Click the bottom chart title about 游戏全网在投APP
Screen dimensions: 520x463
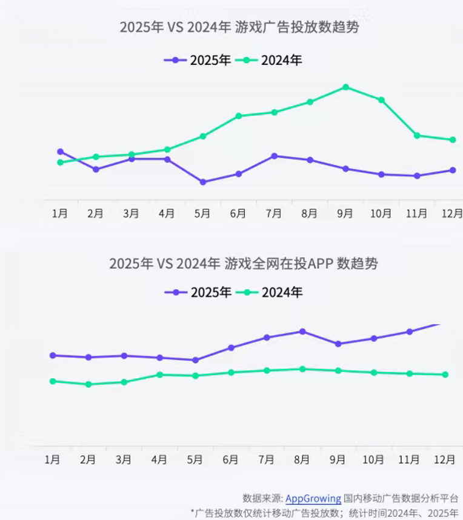(244, 264)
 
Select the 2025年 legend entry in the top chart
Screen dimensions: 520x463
(198, 60)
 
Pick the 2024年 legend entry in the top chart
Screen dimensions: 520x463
(268, 60)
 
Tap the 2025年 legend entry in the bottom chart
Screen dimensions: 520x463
(198, 292)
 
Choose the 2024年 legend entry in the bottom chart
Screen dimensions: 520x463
(269, 292)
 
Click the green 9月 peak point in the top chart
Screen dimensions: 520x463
(345, 87)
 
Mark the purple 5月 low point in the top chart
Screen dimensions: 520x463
(202, 182)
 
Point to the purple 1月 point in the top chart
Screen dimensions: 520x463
(60, 152)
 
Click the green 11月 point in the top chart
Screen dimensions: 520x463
(417, 135)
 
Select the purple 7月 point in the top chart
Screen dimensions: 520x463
(275, 156)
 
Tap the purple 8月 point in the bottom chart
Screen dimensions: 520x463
(302, 332)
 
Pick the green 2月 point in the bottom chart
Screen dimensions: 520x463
(88, 384)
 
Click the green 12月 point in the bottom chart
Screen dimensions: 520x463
(445, 375)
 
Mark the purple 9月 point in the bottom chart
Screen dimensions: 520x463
(338, 344)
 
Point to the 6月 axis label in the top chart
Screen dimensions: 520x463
(238, 213)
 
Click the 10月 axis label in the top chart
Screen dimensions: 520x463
(381, 213)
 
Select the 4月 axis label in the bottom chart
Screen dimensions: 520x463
(159, 460)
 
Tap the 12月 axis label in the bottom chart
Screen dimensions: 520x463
(445, 460)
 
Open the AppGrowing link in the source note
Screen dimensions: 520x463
(313, 498)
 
